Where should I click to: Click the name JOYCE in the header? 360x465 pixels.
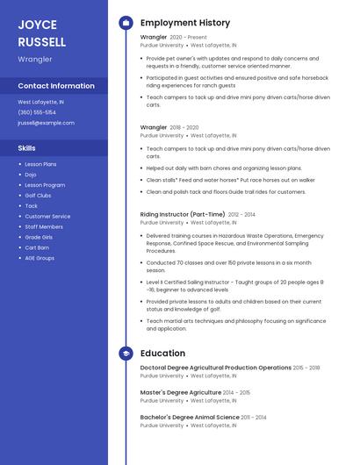click(x=37, y=25)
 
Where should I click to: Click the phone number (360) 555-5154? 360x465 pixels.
click(x=37, y=112)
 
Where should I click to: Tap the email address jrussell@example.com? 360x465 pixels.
click(x=46, y=123)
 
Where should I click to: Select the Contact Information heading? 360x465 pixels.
click(x=56, y=86)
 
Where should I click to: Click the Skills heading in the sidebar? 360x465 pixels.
click(x=27, y=148)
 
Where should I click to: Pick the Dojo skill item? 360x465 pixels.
click(x=31, y=175)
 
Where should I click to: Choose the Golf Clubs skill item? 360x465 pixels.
click(x=38, y=196)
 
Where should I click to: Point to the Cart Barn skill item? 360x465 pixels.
click(x=37, y=247)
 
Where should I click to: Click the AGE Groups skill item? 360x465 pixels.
click(x=40, y=258)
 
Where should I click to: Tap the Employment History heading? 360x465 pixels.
click(x=185, y=23)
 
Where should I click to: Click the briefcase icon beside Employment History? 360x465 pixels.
click(x=126, y=23)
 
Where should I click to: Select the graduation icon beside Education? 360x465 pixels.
click(x=126, y=353)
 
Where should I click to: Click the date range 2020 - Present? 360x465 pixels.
click(x=188, y=38)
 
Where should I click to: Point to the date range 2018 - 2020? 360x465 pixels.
click(x=184, y=128)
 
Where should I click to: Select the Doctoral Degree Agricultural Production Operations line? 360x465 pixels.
click(x=216, y=368)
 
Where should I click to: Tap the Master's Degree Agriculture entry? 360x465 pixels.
click(x=181, y=392)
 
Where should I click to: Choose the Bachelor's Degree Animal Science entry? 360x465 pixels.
click(x=190, y=417)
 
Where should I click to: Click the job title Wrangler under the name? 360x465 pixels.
click(x=35, y=59)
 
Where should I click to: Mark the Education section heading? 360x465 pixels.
click(x=162, y=353)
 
